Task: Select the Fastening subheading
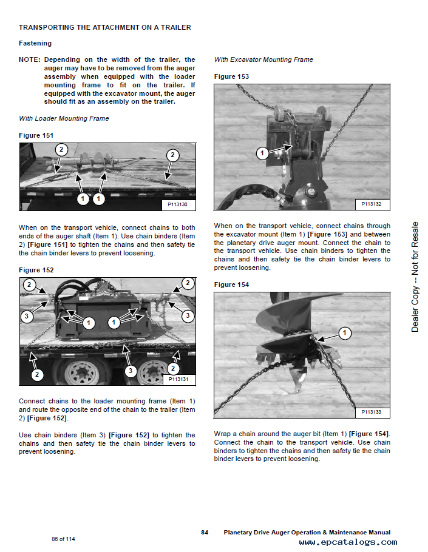(35, 43)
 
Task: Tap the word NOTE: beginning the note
(30, 59)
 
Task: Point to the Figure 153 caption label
(231, 76)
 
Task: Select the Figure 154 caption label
(231, 284)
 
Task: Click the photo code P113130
(178, 205)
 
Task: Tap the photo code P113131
(178, 379)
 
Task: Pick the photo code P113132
(372, 204)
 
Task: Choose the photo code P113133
(372, 412)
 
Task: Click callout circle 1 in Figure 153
(262, 153)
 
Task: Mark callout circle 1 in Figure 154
(344, 332)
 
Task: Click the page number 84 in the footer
(205, 532)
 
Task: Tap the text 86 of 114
(63, 539)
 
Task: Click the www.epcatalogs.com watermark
(348, 542)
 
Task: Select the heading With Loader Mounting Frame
(64, 118)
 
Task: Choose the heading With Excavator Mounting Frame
(263, 59)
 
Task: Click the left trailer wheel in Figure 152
(78, 371)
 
